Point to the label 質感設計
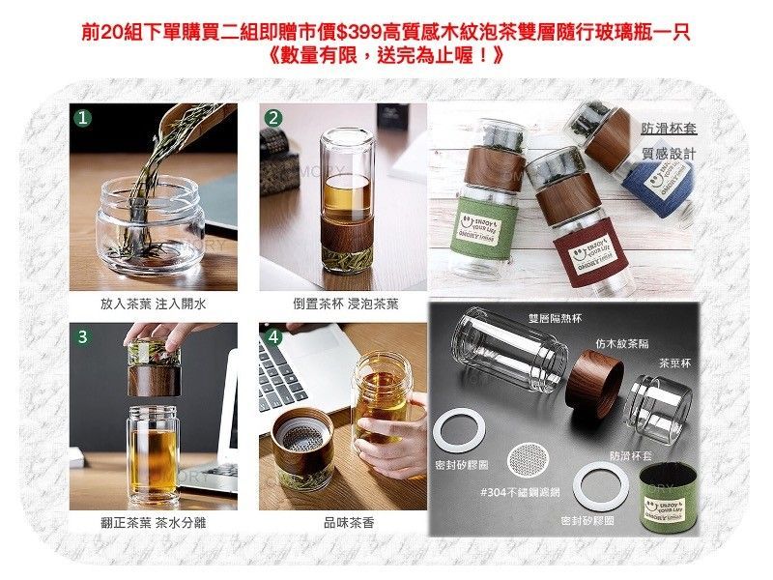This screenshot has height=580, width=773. [x=667, y=156]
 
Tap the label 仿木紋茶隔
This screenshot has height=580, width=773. [x=620, y=342]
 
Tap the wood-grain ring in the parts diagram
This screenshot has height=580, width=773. [x=592, y=382]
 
